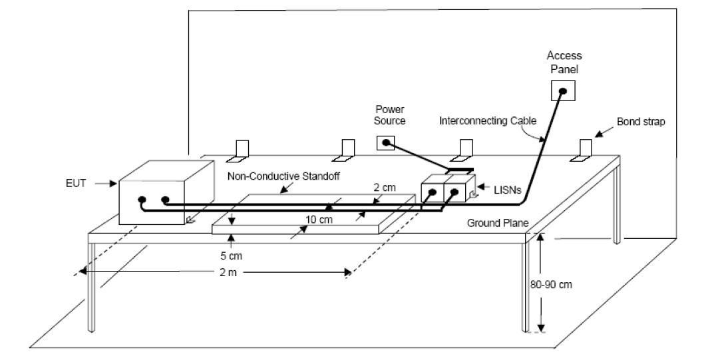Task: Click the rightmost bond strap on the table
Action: click(x=584, y=150)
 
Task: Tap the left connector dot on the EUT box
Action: click(x=142, y=200)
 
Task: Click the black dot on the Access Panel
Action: click(x=563, y=91)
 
